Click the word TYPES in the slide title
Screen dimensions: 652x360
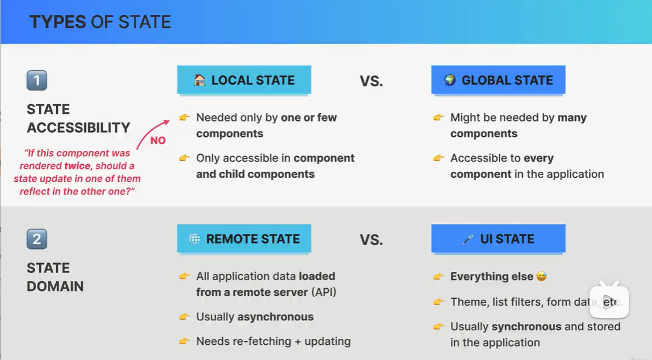point(57,22)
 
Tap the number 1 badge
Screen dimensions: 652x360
point(37,80)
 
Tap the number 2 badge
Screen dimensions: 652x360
point(37,239)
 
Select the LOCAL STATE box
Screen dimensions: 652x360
point(244,80)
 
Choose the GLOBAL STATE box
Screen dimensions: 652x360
point(498,80)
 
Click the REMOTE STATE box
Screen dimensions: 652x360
point(244,238)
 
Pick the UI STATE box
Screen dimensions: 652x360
point(498,238)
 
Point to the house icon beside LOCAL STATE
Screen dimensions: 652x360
point(199,80)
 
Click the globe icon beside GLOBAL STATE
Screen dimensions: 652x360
point(450,80)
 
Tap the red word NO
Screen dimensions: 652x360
point(158,140)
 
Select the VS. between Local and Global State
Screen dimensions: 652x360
point(371,81)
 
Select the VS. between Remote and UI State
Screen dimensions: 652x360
point(371,240)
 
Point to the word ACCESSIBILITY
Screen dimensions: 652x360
point(78,127)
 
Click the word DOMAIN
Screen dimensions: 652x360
point(56,286)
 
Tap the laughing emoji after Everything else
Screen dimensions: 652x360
point(541,276)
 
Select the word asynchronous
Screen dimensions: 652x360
point(275,317)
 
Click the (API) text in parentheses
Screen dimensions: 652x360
point(323,292)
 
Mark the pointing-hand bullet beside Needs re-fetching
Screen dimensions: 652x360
point(185,341)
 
